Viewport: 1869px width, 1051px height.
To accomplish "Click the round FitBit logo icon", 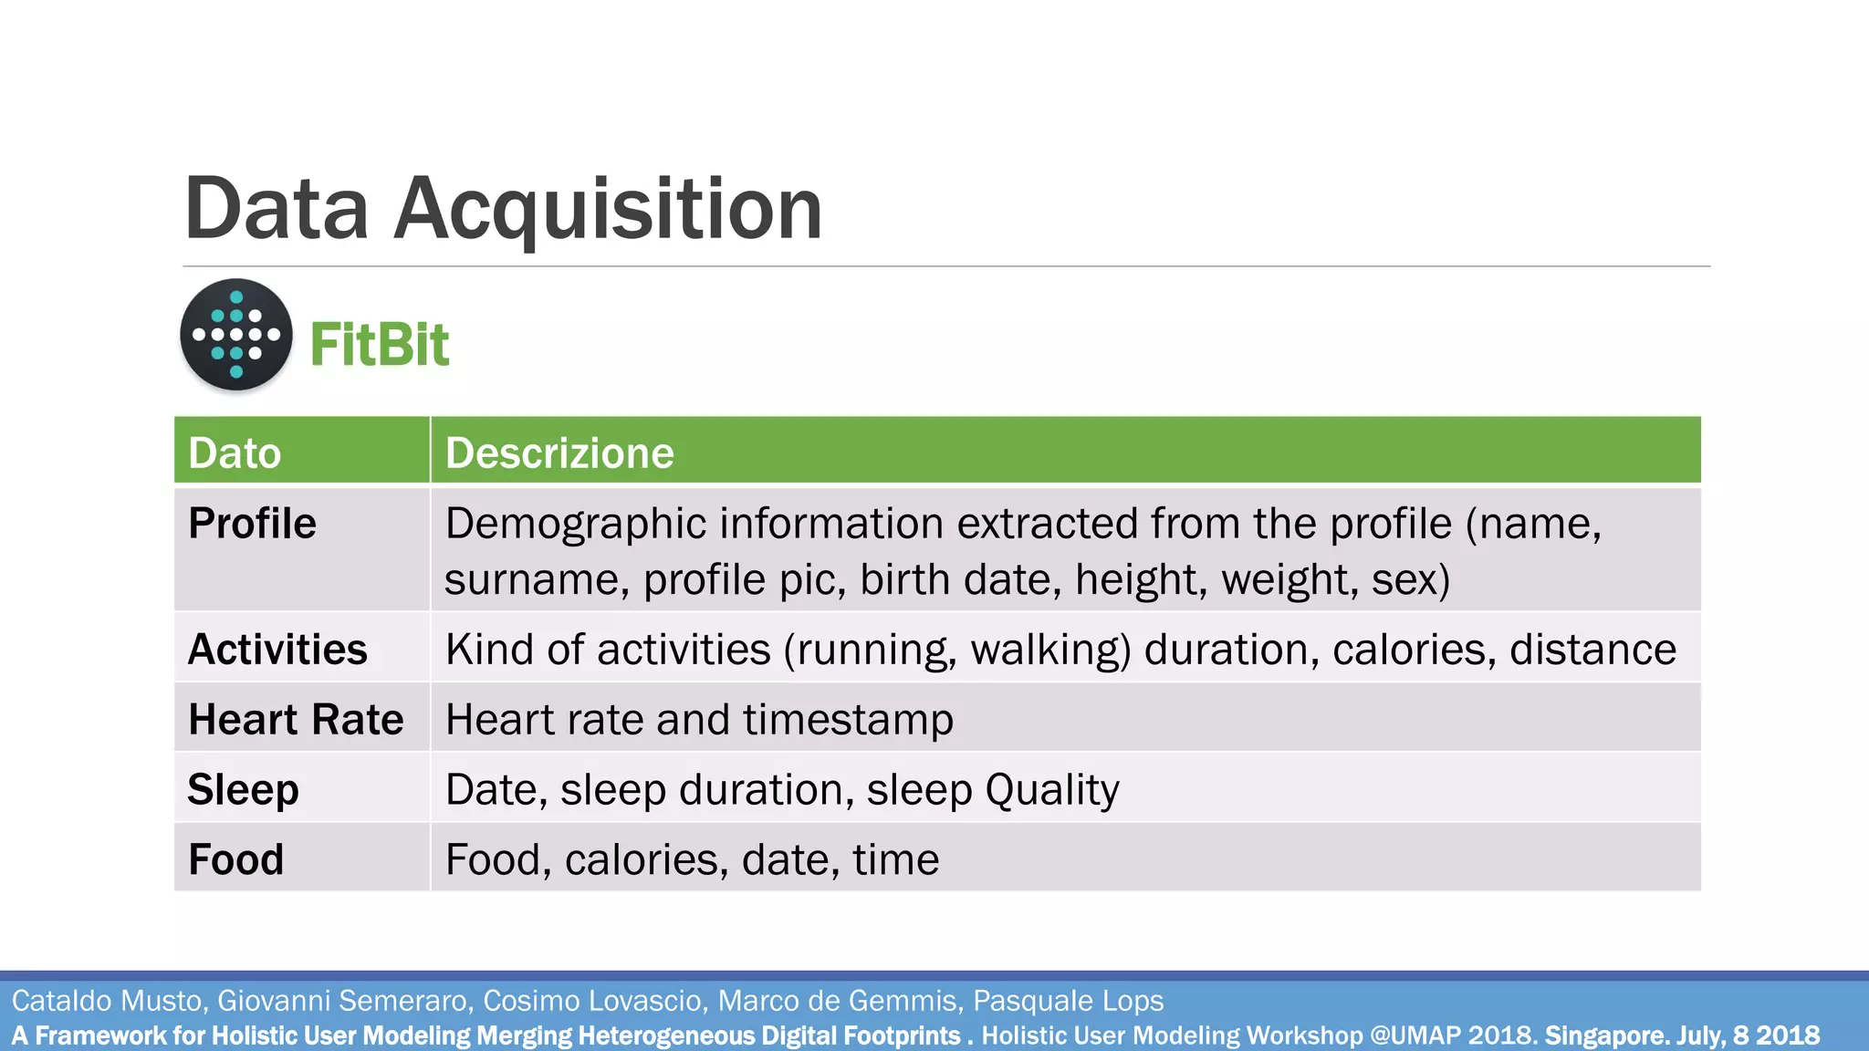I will click(x=236, y=335).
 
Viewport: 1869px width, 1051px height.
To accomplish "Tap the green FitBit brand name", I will click(x=380, y=345).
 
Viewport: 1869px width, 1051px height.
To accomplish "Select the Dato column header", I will click(x=235, y=453).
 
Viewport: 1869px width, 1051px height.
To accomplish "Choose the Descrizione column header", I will click(x=559, y=453).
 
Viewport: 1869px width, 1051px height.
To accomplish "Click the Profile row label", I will click(x=252, y=524).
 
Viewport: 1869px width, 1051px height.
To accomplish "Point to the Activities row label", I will click(x=277, y=650).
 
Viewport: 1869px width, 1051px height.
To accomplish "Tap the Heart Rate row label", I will click(x=296, y=720).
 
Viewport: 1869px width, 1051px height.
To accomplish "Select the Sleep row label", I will click(x=243, y=790).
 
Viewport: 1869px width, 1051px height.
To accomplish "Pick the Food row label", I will click(x=235, y=859).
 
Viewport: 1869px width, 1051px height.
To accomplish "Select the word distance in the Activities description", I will click(x=1592, y=650).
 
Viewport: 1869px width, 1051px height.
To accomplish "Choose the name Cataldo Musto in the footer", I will click(x=106, y=1001).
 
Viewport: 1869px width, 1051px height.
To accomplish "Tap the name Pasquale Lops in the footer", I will click(x=1068, y=1001).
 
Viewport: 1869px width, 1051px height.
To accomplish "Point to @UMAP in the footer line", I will click(x=1415, y=1035).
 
